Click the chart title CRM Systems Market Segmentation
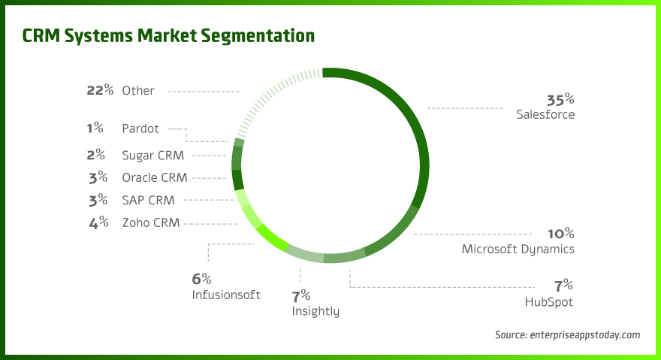[168, 35]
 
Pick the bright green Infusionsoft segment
[272, 238]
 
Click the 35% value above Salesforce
[560, 99]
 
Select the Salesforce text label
[545, 115]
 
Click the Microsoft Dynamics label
[518, 249]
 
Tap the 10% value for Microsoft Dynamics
[560, 233]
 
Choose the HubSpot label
[549, 302]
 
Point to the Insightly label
[315, 311]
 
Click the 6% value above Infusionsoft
[202, 279]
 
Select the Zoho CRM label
[151, 222]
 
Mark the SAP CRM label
[148, 200]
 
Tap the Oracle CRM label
[155, 178]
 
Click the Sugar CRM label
[153, 156]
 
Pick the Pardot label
[140, 129]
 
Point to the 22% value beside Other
[100, 90]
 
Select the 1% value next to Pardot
[95, 129]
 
